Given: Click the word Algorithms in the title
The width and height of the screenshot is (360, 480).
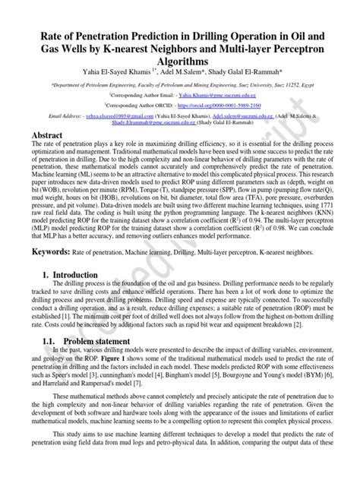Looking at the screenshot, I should [179, 59].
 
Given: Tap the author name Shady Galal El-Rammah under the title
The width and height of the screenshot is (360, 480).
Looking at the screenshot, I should [254, 71].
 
